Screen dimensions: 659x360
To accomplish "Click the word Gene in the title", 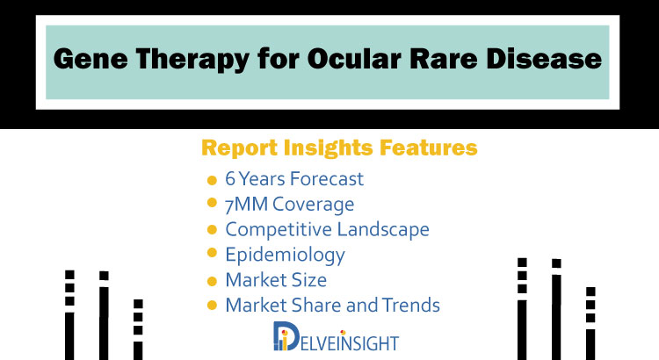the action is (x=91, y=58).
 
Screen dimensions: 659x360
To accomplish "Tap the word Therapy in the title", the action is (x=192, y=60).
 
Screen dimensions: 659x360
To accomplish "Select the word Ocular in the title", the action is (x=354, y=58).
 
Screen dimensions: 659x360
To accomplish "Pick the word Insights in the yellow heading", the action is (x=329, y=148).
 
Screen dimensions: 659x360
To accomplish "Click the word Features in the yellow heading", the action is (x=428, y=148).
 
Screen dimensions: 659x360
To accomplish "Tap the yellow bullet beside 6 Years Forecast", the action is (x=212, y=180).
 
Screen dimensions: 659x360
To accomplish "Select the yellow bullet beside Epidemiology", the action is (x=212, y=253).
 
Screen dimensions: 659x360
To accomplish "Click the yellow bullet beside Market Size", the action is (x=212, y=281).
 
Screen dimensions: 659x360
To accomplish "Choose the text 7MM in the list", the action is (x=246, y=205).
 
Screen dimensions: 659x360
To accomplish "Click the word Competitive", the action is (x=279, y=229).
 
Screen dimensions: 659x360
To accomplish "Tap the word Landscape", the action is (x=383, y=230).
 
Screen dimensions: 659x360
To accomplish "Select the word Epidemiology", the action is (x=285, y=256).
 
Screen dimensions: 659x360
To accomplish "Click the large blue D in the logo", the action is (x=286, y=336).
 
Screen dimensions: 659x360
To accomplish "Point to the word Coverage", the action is (x=313, y=205).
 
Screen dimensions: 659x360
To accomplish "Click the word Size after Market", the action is (x=309, y=280).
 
